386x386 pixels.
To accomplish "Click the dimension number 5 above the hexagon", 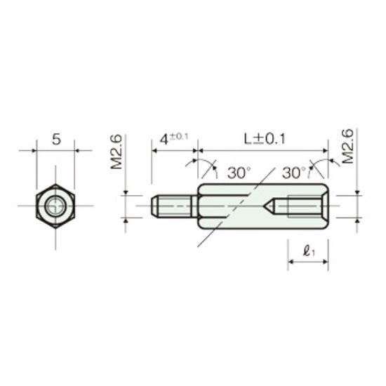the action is pos(56,140).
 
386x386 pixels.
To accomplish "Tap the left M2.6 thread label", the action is pos(117,152).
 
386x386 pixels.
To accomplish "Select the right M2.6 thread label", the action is pos(348,146).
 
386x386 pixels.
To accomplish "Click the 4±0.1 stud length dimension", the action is pos(174,139).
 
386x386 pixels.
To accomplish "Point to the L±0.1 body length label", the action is pos(265,139).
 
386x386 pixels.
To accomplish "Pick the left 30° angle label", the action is pos(239,173).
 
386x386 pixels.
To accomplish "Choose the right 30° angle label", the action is pos(293,173).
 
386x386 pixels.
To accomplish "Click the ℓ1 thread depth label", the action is pos(310,251).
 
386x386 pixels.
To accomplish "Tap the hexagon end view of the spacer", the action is pos(55,206).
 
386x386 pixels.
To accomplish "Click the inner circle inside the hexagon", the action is pos(56,206).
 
